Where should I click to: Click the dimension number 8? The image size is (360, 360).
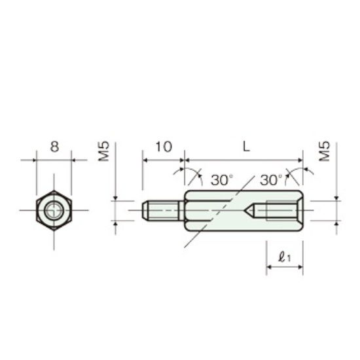pyautogui.click(x=54, y=147)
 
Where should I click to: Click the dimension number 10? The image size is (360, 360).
pyautogui.click(x=164, y=147)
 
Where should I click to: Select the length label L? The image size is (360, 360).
pyautogui.click(x=246, y=147)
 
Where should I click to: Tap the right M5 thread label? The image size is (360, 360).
pyautogui.click(x=325, y=151)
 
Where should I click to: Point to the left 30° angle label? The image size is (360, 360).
pyautogui.click(x=222, y=180)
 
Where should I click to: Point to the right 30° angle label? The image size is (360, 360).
pyautogui.click(x=271, y=180)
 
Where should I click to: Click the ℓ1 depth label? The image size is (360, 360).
pyautogui.click(x=284, y=257)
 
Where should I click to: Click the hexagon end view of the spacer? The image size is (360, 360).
pyautogui.click(x=54, y=210)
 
